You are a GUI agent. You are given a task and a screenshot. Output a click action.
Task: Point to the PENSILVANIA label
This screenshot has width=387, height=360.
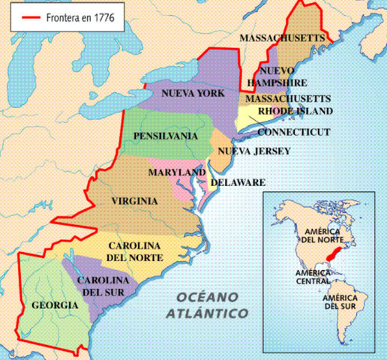pyautogui.click(x=165, y=136)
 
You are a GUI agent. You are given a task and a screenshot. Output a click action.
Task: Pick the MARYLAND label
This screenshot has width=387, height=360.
pyautogui.click(x=177, y=172)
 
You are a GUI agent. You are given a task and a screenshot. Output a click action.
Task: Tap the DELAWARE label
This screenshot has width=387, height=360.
pyautogui.click(x=238, y=182)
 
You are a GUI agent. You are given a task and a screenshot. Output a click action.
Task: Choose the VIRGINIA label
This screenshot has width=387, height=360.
pyautogui.click(x=134, y=201)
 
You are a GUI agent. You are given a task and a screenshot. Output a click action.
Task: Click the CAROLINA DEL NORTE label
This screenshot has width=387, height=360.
pyautogui.click(x=136, y=252)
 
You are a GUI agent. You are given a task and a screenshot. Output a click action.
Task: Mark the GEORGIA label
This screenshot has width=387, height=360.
pyautogui.click(x=55, y=305)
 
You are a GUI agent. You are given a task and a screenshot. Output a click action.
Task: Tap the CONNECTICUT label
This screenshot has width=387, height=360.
pyautogui.click(x=293, y=131)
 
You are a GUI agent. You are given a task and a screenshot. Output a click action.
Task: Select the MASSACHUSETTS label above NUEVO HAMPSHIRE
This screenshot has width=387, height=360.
pyautogui.click(x=282, y=37)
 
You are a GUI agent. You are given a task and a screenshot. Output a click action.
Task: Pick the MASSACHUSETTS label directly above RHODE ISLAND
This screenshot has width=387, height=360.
pyautogui.click(x=288, y=98)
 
